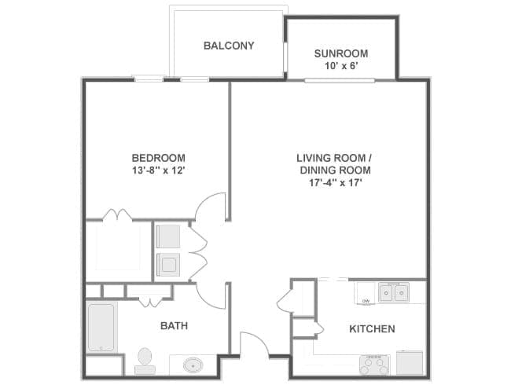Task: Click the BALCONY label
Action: (229, 46)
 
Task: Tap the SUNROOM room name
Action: (341, 53)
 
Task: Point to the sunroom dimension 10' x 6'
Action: (341, 66)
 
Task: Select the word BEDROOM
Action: (158, 158)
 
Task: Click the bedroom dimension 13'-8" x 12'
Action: (158, 170)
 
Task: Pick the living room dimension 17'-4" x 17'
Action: (336, 183)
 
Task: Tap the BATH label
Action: (174, 326)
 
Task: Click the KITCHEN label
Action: (372, 329)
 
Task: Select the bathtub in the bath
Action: (101, 328)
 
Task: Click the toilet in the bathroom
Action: (145, 361)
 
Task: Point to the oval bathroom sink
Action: (193, 365)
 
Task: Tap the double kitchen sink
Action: (394, 292)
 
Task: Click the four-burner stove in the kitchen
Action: (374, 365)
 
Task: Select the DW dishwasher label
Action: (366, 301)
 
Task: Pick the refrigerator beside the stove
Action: (410, 362)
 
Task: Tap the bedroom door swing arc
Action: (206, 200)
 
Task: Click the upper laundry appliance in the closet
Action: (167, 236)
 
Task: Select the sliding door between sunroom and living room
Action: (340, 80)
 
